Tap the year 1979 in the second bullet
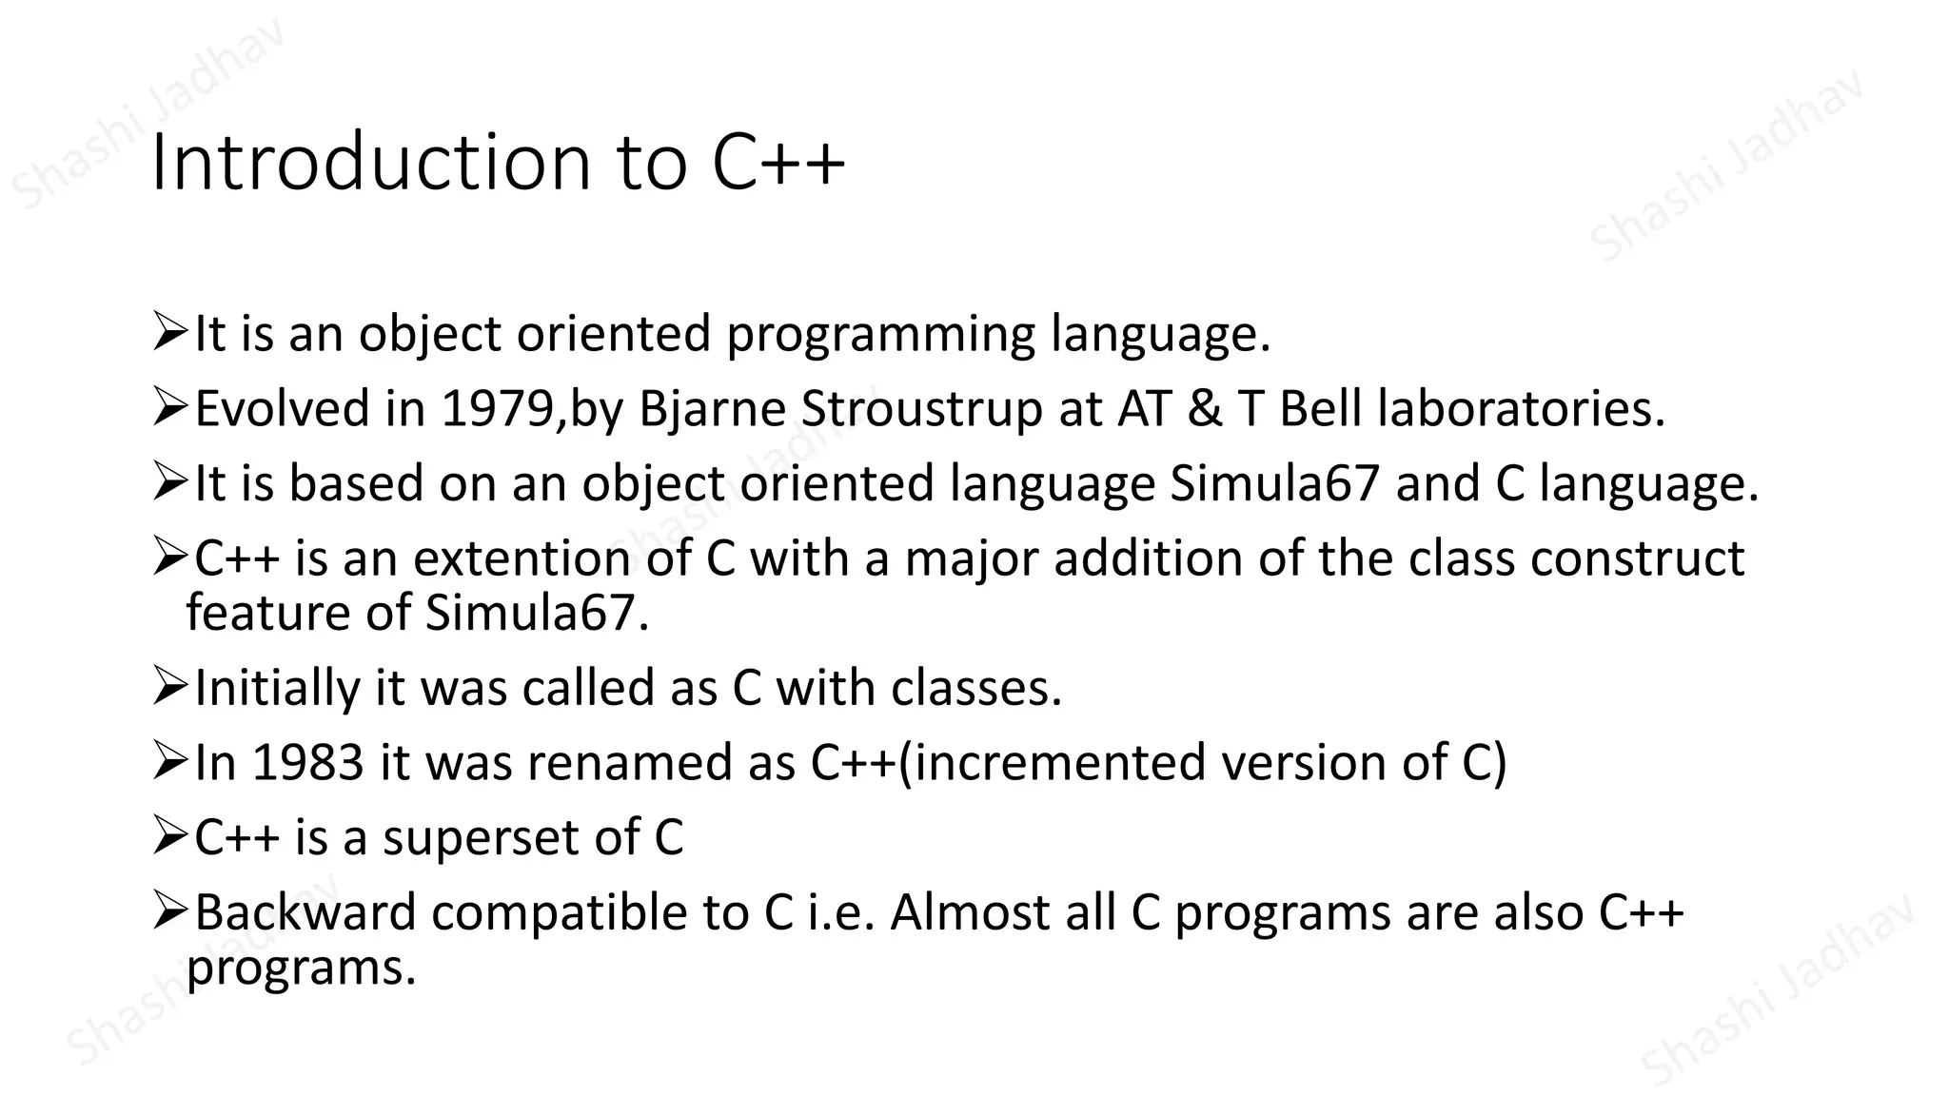[497, 409]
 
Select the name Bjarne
[711, 409]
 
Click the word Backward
[305, 912]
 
